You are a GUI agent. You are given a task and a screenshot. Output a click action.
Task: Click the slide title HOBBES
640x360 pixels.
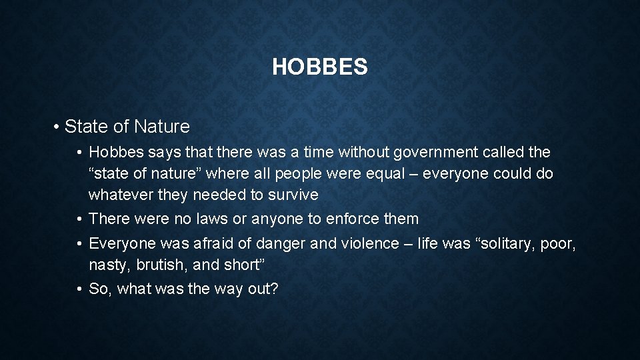[x=319, y=67]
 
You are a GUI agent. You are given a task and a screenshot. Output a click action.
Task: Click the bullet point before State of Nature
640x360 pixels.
[x=59, y=127]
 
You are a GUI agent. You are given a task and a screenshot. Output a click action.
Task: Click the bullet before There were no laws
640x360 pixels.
[x=79, y=219]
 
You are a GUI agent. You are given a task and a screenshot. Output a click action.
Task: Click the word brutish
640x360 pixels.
[x=161, y=265]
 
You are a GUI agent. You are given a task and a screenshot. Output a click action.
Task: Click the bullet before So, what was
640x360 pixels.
[x=79, y=289]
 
